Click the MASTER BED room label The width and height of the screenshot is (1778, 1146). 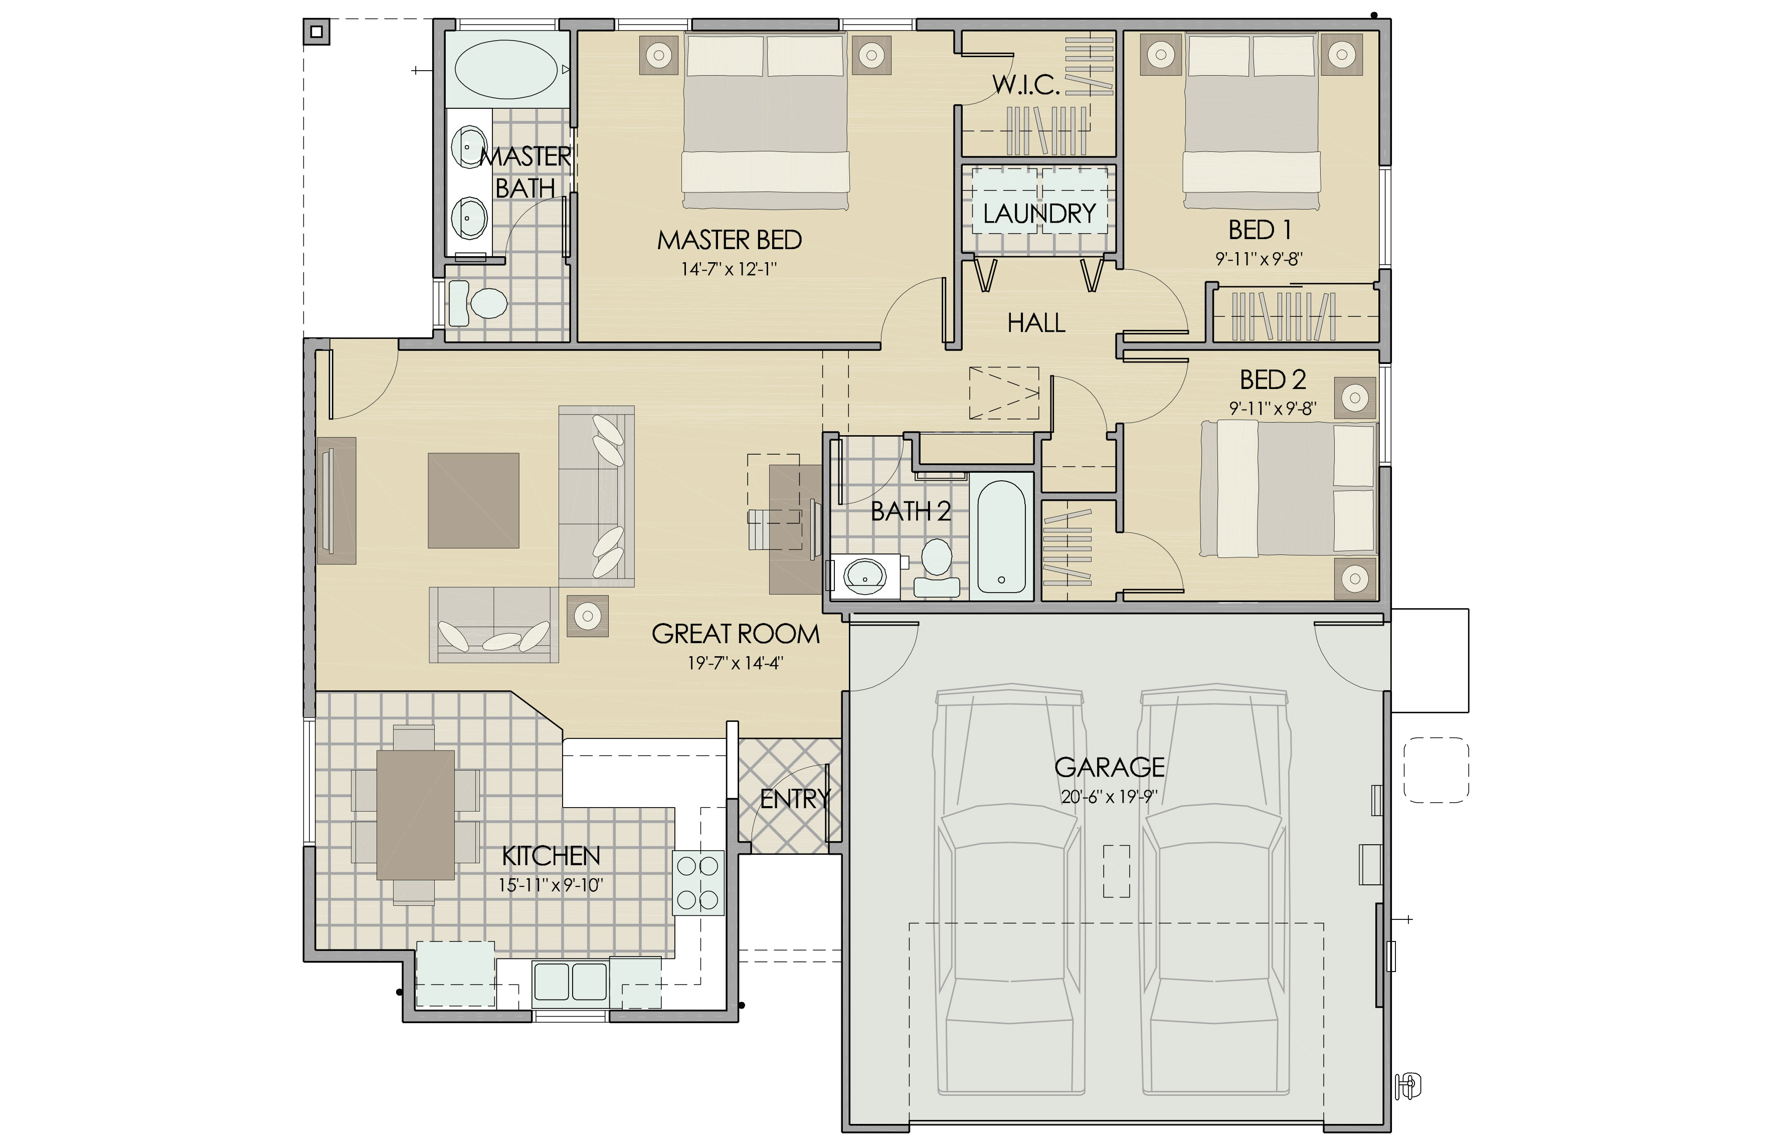click(x=730, y=240)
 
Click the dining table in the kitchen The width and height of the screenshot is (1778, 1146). click(x=415, y=815)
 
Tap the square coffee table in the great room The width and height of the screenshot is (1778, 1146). click(x=473, y=500)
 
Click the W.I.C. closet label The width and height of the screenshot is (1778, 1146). click(x=1026, y=86)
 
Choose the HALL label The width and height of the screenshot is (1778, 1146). click(x=1036, y=323)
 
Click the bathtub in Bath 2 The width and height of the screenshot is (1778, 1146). click(x=1002, y=536)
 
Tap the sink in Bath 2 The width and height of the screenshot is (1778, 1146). click(x=865, y=576)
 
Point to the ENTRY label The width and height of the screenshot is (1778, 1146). click(x=794, y=799)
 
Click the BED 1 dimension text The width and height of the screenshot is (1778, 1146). click(x=1259, y=259)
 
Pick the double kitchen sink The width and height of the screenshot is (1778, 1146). click(x=571, y=981)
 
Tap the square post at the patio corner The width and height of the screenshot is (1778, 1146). click(x=316, y=31)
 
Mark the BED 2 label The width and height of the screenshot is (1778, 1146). click(x=1273, y=380)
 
